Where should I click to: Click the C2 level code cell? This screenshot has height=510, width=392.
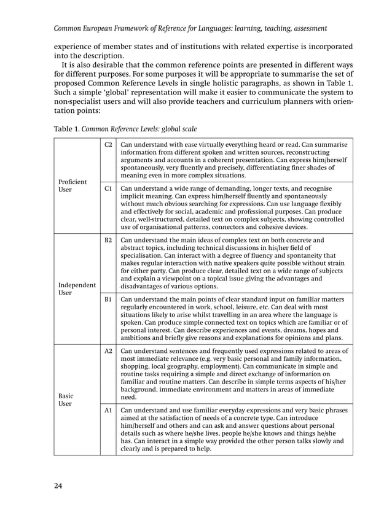click(108, 145)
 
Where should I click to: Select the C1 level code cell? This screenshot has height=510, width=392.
click(108, 188)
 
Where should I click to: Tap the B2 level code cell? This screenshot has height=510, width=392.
click(108, 240)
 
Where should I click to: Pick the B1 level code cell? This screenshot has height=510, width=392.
click(108, 299)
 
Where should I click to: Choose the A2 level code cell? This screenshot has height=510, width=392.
click(108, 351)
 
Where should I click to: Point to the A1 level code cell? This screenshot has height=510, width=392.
click(108, 410)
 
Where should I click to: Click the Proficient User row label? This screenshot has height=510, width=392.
click(73, 186)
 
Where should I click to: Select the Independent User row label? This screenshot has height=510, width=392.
click(77, 289)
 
